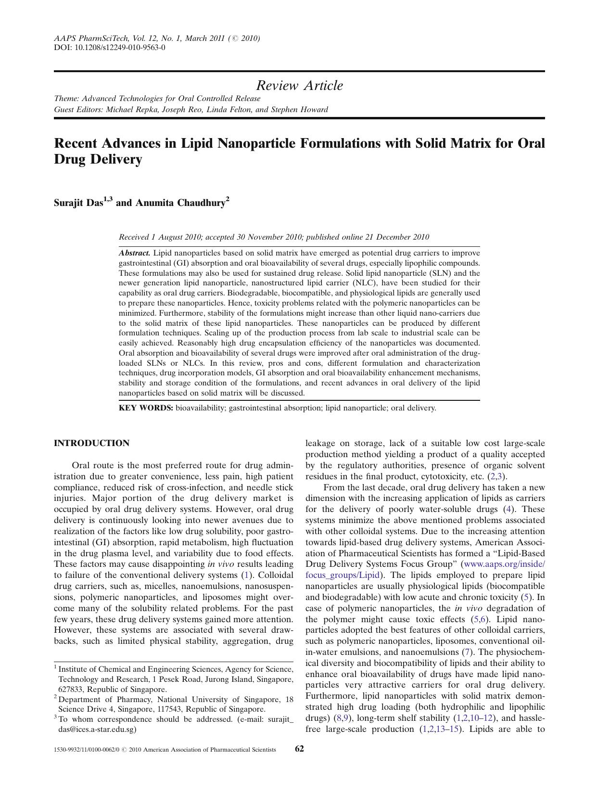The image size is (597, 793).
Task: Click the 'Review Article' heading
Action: coord(299,86)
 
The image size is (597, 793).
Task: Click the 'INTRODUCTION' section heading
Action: coord(91,443)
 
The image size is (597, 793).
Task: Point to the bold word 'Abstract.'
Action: coord(135,253)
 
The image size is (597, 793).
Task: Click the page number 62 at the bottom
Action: coord(299,749)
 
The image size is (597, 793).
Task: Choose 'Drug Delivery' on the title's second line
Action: coord(98,159)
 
